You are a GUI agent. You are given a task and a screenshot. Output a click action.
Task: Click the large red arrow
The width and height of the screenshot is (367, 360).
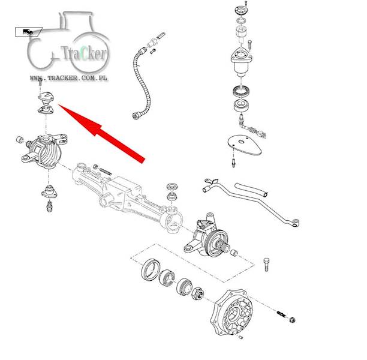[102, 133]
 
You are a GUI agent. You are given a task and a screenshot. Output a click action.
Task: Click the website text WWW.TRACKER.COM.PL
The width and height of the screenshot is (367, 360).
[68, 78]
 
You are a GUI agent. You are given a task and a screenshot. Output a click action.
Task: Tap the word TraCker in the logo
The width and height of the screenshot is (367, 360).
[84, 53]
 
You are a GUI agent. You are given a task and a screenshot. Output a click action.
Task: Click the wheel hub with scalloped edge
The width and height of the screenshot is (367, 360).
[231, 313]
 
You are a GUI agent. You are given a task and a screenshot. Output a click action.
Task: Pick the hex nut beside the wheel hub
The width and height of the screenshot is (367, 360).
[198, 293]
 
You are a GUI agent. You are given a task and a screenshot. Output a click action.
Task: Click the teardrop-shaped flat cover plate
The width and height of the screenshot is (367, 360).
[244, 145]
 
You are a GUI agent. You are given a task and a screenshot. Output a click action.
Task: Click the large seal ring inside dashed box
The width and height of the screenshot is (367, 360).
[151, 270]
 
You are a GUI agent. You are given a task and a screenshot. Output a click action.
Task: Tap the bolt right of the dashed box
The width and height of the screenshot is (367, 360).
[266, 264]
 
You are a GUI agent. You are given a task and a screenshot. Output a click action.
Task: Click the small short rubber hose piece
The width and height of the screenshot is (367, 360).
[251, 190]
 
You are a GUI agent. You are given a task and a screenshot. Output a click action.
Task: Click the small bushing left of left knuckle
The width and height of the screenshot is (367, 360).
[20, 140]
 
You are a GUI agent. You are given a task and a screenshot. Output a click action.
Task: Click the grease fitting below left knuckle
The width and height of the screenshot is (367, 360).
[49, 206]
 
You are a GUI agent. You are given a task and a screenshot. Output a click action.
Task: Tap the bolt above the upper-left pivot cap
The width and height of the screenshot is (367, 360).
[40, 82]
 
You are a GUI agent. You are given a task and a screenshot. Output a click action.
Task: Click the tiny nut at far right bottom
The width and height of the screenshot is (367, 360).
[292, 319]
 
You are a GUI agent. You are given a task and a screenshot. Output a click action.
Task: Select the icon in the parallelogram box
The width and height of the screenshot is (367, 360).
[28, 32]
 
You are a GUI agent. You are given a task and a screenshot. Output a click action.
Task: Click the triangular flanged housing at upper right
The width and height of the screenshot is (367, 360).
[241, 61]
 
